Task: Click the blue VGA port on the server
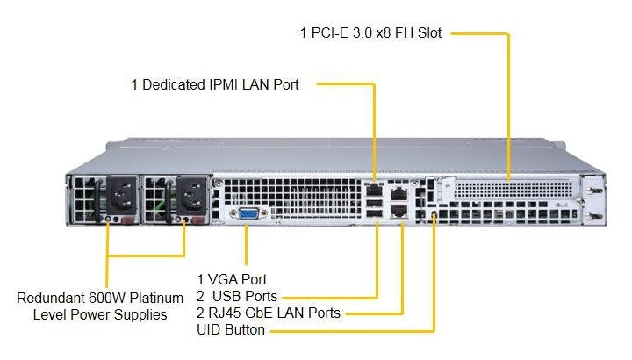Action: point(246,213)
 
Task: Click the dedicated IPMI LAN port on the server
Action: point(375,188)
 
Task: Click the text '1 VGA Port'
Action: point(232,279)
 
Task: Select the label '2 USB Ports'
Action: point(236,296)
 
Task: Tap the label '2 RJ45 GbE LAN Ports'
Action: point(268,313)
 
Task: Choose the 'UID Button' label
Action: point(230,330)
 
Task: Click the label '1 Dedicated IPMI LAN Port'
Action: point(215,85)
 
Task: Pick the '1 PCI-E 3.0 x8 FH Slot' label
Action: point(370,33)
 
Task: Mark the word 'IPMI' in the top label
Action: point(220,85)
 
